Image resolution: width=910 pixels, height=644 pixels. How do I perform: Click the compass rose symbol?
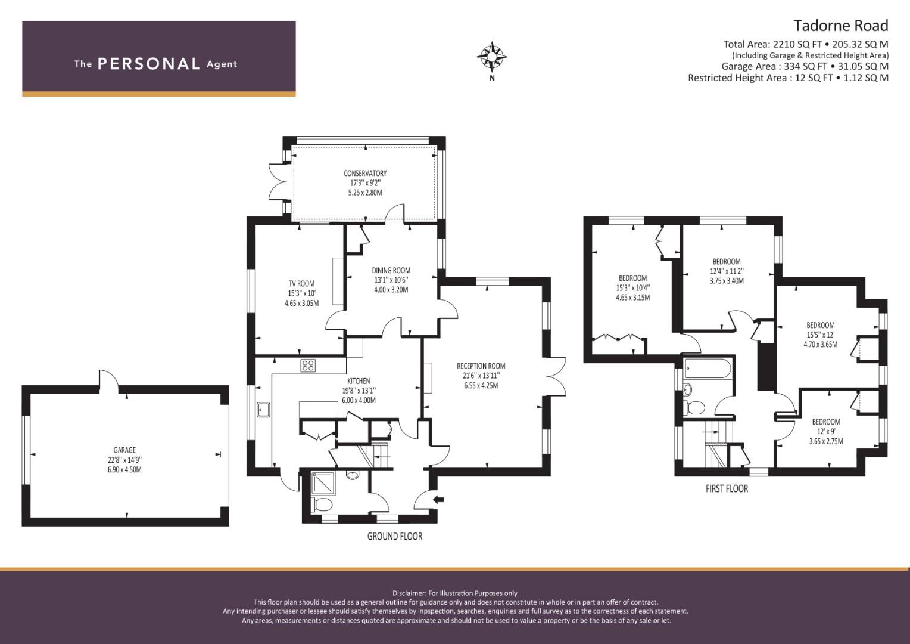492,57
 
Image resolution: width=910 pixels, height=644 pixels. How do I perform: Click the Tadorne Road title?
841,26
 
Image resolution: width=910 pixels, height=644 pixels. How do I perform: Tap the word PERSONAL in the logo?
149,64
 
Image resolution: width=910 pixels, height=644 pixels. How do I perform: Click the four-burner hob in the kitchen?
308,366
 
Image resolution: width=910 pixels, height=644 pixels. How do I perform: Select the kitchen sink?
263,410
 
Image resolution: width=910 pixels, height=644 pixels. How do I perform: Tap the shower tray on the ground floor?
323,484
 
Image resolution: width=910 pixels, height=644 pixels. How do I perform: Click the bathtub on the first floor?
708,369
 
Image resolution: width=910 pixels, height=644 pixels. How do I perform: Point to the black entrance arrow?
439,500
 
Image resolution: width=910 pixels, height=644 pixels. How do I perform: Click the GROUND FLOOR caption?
394,536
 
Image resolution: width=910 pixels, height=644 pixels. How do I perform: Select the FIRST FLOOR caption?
727,488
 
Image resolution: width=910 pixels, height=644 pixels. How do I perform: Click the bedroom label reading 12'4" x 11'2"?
727,271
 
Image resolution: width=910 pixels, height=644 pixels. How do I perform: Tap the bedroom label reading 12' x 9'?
826,431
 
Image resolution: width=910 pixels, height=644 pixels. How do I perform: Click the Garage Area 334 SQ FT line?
805,66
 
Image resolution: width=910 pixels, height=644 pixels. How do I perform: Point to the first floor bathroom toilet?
694,407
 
